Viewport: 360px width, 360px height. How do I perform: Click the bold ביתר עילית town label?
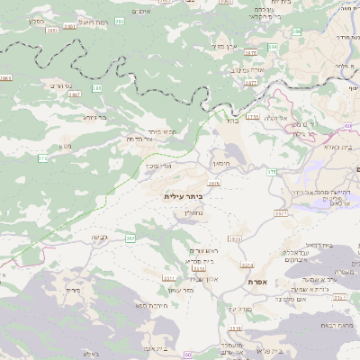pos(184,195)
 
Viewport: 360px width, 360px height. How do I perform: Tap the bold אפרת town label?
pos(256,282)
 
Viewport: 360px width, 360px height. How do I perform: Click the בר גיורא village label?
pos(94,116)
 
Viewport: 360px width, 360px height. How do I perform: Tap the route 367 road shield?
pos(130,238)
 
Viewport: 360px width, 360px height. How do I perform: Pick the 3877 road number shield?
pos(250,82)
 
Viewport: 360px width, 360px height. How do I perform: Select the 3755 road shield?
pos(253,117)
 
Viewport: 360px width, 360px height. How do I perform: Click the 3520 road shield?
pos(235,238)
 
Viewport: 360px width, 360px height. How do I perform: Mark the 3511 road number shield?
pos(169,280)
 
